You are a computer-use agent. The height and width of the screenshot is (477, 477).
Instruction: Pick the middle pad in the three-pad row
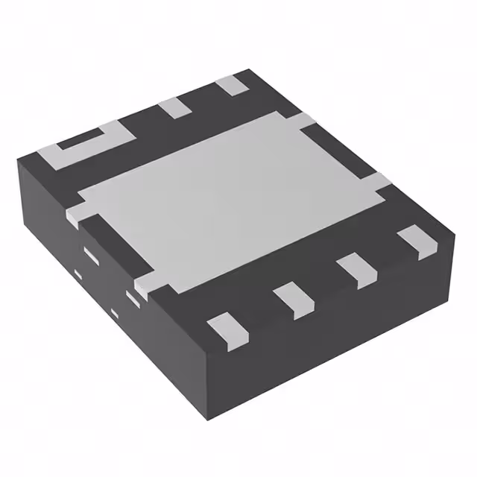pos(176,107)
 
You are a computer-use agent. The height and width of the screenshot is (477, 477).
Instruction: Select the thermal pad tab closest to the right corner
pos(377,180)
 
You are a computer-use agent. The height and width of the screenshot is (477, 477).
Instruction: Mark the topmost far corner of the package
pos(250,71)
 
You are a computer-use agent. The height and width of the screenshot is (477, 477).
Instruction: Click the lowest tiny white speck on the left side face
pos(114,311)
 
